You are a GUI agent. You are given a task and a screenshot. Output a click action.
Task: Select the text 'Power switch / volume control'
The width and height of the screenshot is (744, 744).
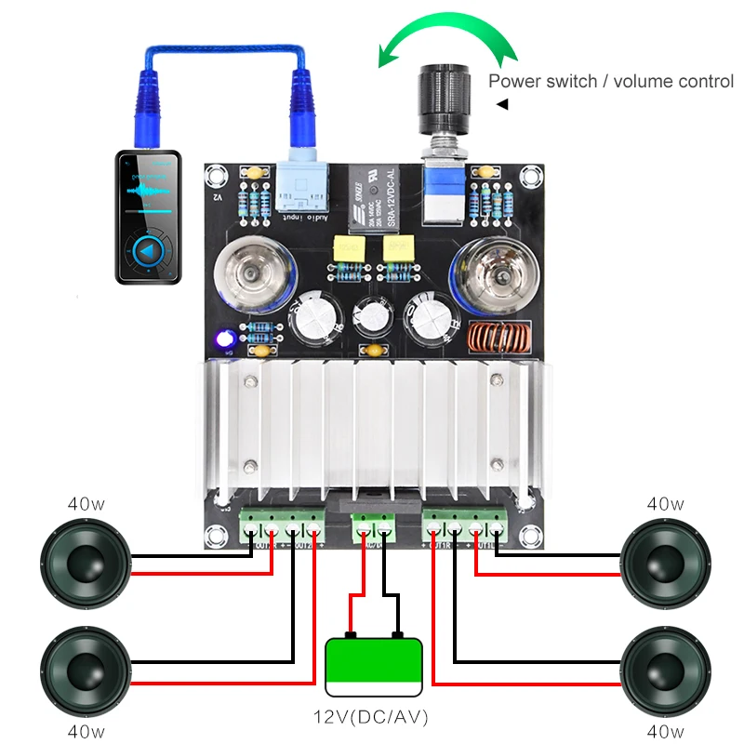click(x=611, y=81)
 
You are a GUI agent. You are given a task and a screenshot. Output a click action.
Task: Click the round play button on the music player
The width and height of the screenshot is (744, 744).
click(x=148, y=250)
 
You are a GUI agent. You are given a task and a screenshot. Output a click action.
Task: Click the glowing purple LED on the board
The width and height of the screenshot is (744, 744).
click(x=224, y=339)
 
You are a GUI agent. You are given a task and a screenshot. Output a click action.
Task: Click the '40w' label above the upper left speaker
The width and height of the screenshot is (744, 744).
click(x=86, y=504)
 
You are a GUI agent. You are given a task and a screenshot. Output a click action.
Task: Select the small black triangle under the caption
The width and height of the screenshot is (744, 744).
click(x=502, y=104)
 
